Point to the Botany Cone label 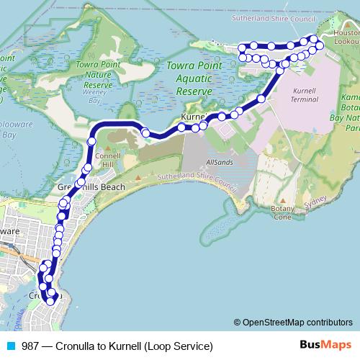[x=283, y=212]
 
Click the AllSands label [x=219, y=163]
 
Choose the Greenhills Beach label [x=91, y=187]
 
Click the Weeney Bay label [x=94, y=92]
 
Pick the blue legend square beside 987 [x=10, y=346]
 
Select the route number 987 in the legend [x=30, y=346]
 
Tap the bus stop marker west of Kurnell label [x=146, y=132]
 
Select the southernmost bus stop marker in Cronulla [x=50, y=301]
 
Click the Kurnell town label [x=194, y=117]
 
